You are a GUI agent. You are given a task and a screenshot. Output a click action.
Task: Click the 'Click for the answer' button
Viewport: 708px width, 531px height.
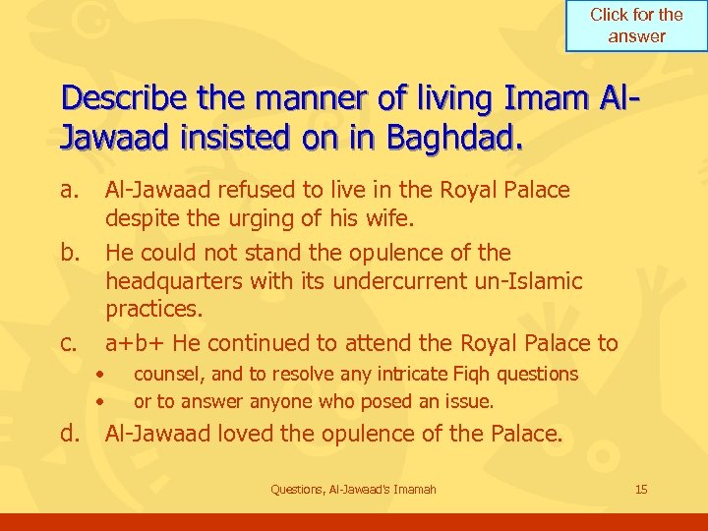pyautogui.click(x=636, y=26)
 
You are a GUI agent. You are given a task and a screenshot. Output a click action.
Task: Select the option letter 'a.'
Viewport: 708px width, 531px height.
pyautogui.click(x=71, y=189)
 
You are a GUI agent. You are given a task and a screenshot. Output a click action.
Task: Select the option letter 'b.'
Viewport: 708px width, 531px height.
pyautogui.click(x=71, y=252)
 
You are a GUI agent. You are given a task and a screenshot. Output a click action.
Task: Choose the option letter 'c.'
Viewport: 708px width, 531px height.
pyautogui.click(x=70, y=343)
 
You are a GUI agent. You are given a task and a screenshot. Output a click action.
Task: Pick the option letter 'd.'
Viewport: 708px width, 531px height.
pyautogui.click(x=71, y=434)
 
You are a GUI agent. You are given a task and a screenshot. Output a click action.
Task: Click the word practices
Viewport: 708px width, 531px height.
pyautogui.click(x=153, y=309)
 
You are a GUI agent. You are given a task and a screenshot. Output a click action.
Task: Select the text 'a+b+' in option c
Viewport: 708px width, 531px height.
pyautogui.click(x=130, y=343)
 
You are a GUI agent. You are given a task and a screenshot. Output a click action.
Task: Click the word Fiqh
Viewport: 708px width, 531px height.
pyautogui.click(x=472, y=374)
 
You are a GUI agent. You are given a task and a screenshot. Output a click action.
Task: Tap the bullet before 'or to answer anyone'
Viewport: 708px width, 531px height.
pyautogui.click(x=101, y=401)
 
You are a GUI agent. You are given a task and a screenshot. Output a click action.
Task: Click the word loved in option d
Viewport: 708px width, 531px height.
pyautogui.click(x=257, y=434)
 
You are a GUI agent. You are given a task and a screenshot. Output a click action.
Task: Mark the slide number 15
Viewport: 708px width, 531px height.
pyautogui.click(x=641, y=489)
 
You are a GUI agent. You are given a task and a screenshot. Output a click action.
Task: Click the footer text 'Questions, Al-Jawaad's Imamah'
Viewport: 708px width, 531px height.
pyautogui.click(x=353, y=489)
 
